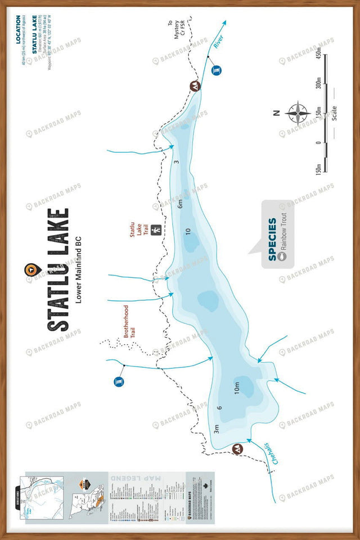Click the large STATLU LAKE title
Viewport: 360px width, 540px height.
(x=58, y=270)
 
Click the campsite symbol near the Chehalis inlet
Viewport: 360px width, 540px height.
(x=237, y=448)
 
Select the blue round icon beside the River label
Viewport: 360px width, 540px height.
(x=217, y=70)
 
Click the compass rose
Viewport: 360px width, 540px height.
(x=298, y=112)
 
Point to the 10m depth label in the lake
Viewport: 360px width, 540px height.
(x=237, y=387)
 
